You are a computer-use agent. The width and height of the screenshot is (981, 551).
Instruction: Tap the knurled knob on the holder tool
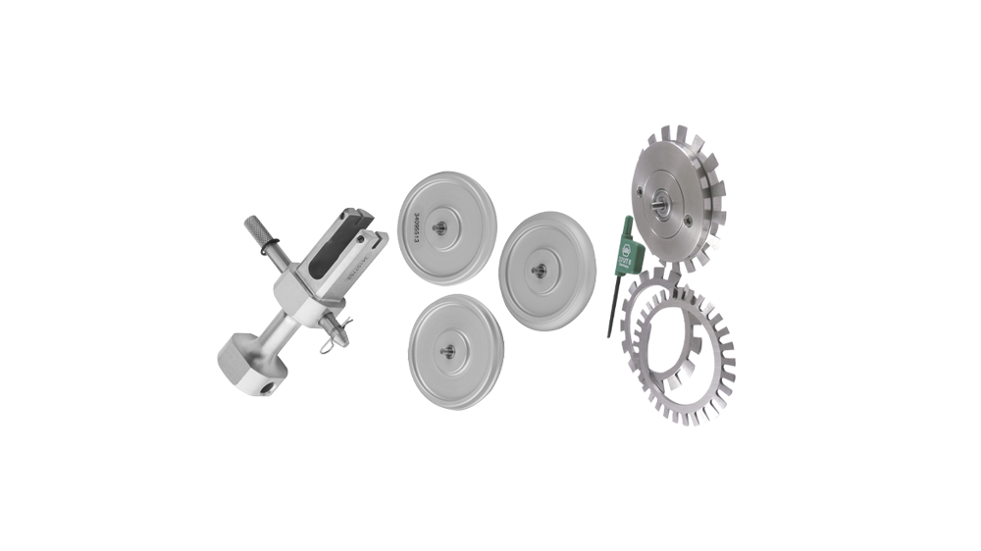click(x=258, y=236)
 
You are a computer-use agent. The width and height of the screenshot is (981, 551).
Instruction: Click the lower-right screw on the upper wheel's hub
click(x=697, y=219)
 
